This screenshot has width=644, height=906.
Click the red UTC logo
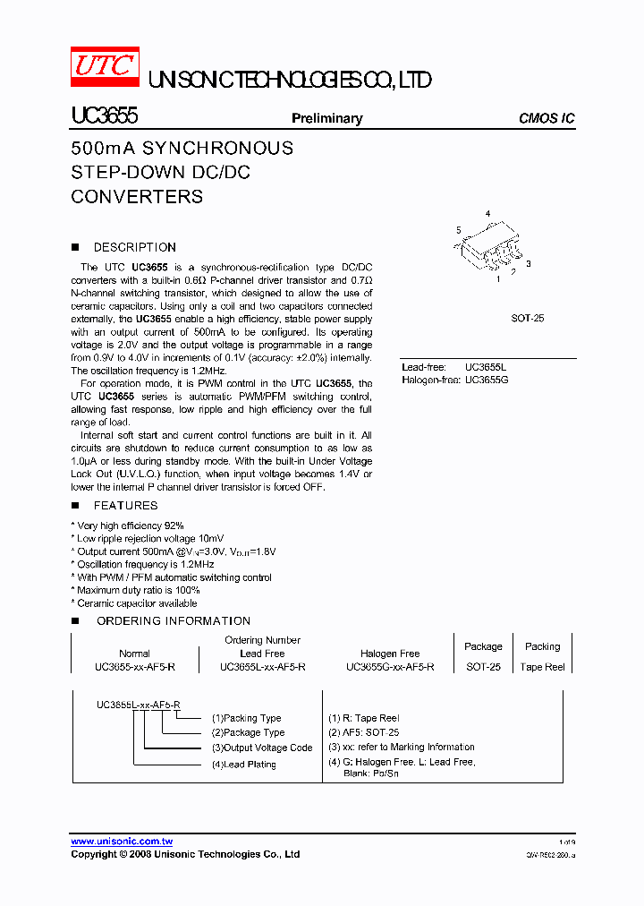[105, 67]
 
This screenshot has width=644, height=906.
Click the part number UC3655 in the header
[104, 116]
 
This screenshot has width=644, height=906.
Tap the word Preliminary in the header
[326, 118]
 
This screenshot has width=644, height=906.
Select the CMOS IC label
[547, 118]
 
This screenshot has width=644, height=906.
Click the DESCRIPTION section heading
[134, 247]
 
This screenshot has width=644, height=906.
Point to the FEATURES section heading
[125, 505]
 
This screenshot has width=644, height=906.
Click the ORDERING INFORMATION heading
[174, 620]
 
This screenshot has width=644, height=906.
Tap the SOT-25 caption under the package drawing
[528, 318]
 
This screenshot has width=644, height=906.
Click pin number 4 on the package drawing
[487, 213]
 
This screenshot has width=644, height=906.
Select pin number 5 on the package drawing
[458, 230]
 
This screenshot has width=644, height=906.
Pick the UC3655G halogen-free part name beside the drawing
[486, 380]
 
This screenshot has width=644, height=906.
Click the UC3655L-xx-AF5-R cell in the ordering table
[262, 667]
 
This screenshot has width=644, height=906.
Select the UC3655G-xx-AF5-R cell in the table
[390, 667]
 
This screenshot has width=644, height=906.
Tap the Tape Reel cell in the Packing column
[543, 667]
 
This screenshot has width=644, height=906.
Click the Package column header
[483, 646]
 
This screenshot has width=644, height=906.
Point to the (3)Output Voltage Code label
[262, 748]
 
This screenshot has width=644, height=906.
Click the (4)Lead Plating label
[243, 765]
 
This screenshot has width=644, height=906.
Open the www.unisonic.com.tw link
[122, 842]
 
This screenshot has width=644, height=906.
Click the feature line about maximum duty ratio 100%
[137, 591]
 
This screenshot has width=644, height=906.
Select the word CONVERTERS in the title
[137, 197]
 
